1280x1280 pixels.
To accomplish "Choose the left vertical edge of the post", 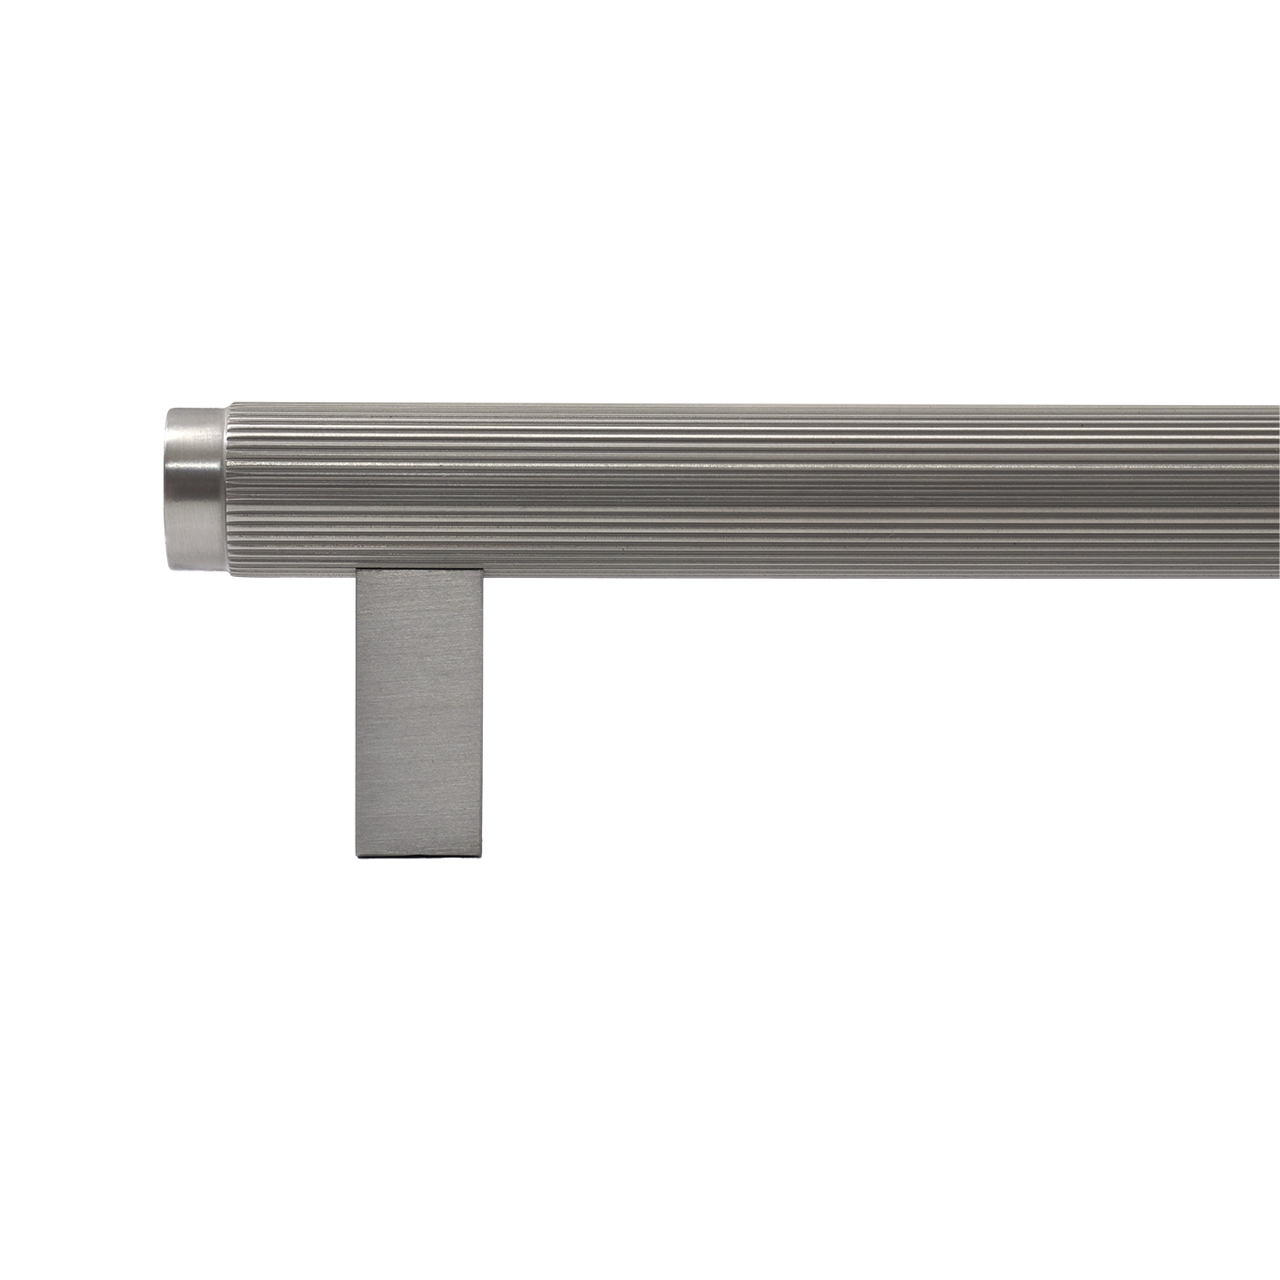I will click(357, 713).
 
